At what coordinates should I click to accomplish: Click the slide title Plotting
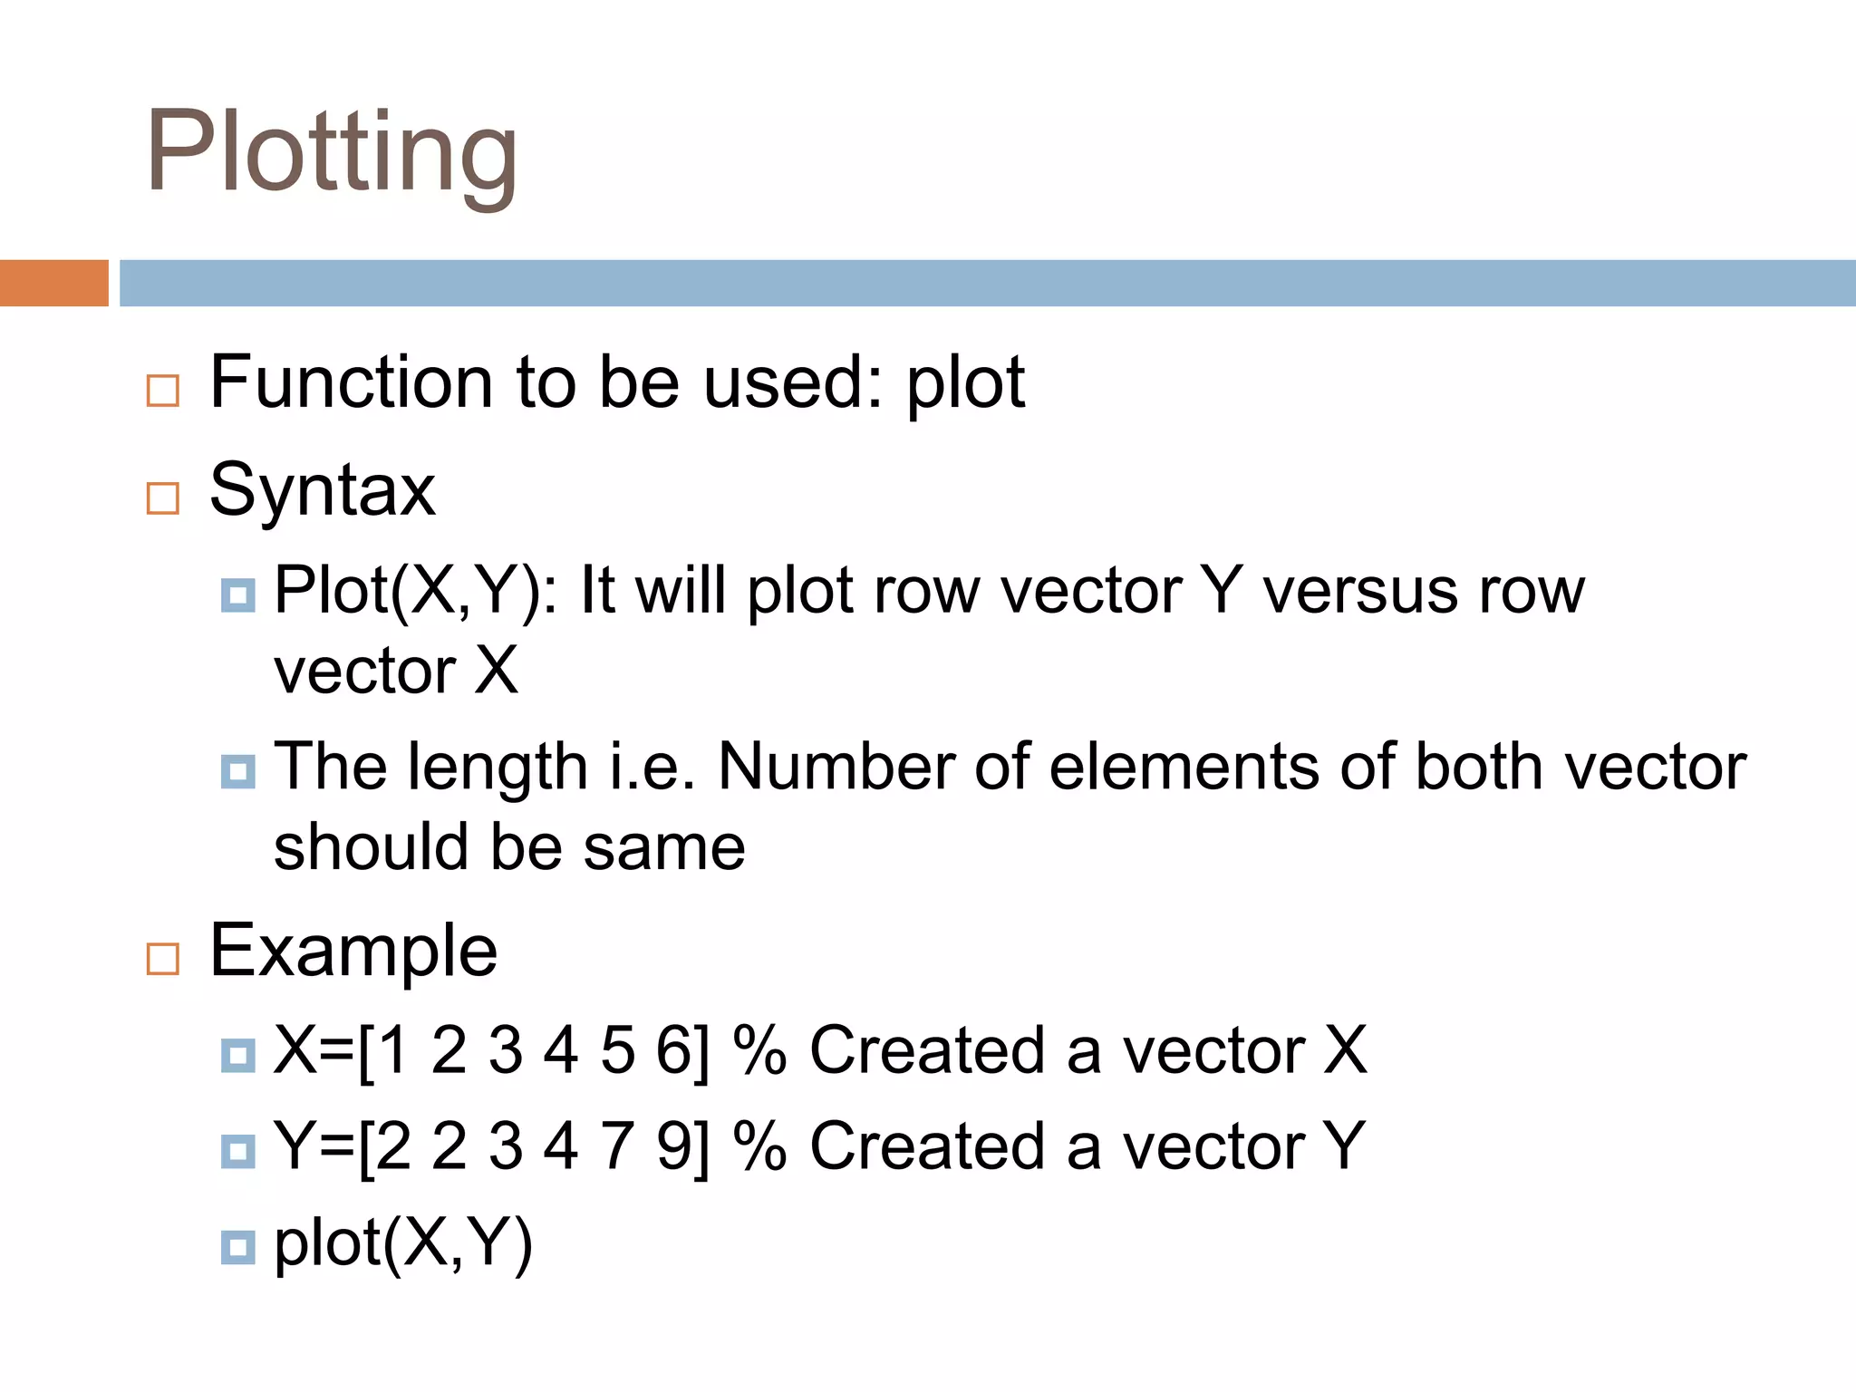(332, 152)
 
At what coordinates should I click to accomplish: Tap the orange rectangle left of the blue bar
(53, 283)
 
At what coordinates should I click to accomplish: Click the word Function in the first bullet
(353, 382)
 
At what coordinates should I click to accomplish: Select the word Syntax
(322, 490)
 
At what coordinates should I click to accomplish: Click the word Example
(353, 951)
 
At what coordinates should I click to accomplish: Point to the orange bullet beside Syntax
(163, 498)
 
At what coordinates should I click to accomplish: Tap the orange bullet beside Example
(163, 958)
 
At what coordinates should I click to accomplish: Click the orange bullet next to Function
(163, 391)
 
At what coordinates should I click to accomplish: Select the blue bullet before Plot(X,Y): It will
(237, 595)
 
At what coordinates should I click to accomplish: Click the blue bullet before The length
(237, 772)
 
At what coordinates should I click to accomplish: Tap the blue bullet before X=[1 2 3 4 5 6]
(237, 1055)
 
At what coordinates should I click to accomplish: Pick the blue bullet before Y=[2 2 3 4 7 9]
(237, 1151)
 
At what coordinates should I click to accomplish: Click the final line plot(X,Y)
(403, 1243)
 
